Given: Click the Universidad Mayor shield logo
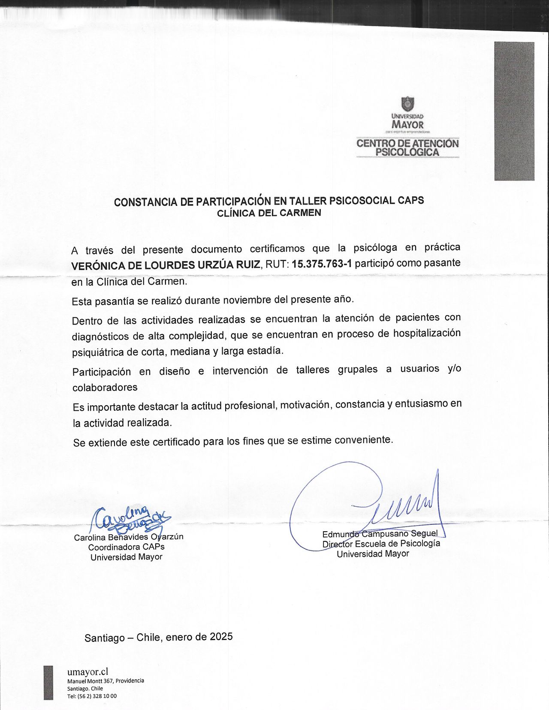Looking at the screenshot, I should click(407, 104).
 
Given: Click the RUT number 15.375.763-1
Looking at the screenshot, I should click(322, 264).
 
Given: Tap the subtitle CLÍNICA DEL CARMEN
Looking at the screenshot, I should click(269, 213).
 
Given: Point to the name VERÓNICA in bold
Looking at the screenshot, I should click(96, 266).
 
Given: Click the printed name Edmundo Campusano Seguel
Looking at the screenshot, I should click(380, 534).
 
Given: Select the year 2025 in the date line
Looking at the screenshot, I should click(221, 636).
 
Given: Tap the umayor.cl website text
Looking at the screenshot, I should click(87, 671).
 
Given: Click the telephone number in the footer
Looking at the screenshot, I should click(92, 696).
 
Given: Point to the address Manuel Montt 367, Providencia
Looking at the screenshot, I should click(106, 680).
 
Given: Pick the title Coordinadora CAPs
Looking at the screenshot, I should click(126, 547).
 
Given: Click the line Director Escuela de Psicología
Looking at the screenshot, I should click(381, 544).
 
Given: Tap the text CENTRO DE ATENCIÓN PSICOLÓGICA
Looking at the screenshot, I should click(407, 147).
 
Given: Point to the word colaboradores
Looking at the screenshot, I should click(105, 388).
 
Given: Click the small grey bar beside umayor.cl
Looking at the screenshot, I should click(48, 683).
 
